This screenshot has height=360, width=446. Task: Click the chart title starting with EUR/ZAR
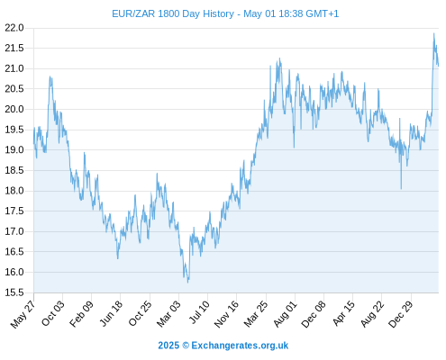click(x=225, y=13)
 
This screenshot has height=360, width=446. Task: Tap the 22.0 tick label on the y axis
click(x=14, y=28)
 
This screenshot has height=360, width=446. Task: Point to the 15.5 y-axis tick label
click(x=14, y=292)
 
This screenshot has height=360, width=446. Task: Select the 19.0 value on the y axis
click(x=14, y=149)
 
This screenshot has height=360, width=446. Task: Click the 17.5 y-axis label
click(x=14, y=211)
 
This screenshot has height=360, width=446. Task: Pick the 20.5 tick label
click(x=14, y=89)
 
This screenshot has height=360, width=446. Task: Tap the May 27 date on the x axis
click(x=23, y=314)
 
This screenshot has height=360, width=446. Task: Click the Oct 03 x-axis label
click(x=53, y=313)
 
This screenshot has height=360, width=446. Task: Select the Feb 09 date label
click(x=81, y=313)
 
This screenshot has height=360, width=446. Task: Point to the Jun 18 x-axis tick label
click(x=111, y=313)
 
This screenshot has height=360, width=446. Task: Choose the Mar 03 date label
click(x=168, y=313)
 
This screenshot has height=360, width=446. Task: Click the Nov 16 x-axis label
click(x=226, y=314)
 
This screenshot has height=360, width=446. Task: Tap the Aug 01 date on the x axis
click(x=285, y=314)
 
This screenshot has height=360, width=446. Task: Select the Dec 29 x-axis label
click(x=400, y=314)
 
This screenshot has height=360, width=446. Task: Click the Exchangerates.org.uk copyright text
click(x=223, y=346)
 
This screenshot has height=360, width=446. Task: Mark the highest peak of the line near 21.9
click(x=433, y=33)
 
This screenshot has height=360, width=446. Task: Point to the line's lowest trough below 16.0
click(x=188, y=283)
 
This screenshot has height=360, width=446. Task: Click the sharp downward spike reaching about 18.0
click(x=401, y=189)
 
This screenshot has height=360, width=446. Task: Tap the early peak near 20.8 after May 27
click(x=50, y=76)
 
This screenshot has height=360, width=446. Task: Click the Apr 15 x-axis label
click(x=343, y=313)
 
